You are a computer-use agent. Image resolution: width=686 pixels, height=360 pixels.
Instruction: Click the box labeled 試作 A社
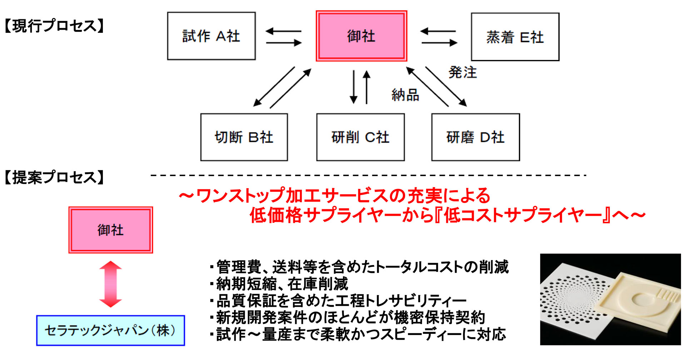coord(211,36)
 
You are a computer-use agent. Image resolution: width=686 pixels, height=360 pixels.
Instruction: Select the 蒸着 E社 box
coord(515,37)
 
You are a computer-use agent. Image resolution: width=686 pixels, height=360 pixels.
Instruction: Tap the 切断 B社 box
coord(244,137)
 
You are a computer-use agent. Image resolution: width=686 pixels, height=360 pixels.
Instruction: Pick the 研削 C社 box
coord(360,137)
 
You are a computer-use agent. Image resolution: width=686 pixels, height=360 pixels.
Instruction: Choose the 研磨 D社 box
coord(475,137)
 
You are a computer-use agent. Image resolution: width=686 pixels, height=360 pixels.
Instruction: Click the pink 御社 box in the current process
coord(361,36)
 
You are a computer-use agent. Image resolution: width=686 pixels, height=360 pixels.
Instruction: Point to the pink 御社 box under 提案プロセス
coord(110,230)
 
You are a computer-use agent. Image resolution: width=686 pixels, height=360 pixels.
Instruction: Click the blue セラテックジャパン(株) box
coord(110,330)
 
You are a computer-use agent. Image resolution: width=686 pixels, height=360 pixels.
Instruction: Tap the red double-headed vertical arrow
coord(110,284)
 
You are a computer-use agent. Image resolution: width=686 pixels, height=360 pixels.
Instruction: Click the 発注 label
coord(463,72)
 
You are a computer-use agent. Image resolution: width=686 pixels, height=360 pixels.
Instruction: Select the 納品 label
coord(405,95)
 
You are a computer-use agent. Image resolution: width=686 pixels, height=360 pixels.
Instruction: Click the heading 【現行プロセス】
coord(54,26)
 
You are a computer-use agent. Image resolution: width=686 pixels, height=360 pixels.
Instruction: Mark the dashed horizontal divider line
coord(368,175)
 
